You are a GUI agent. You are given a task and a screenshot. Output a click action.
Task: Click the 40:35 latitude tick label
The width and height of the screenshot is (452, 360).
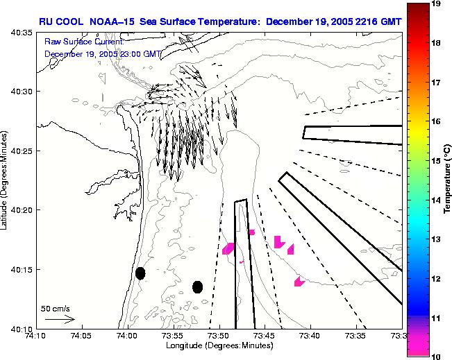click(23, 33)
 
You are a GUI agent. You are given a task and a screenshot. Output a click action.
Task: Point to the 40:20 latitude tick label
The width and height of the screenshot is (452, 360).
click(23, 210)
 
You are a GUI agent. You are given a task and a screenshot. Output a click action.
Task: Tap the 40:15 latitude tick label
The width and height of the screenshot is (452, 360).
click(23, 269)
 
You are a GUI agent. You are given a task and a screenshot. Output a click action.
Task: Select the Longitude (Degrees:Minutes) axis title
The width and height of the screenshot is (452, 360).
click(218, 345)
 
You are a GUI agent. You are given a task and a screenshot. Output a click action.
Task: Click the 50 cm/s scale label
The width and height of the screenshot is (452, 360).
click(55, 308)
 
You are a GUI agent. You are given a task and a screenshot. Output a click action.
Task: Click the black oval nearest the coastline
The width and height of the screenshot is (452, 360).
click(140, 273)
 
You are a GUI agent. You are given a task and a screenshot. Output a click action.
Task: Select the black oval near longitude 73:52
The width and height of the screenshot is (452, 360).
click(197, 286)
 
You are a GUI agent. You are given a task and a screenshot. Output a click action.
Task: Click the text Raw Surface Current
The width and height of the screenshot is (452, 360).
click(83, 42)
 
